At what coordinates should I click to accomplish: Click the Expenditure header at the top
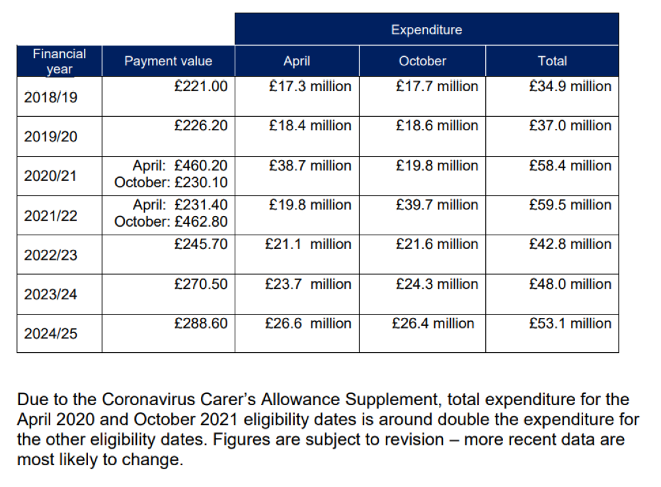pos(426,30)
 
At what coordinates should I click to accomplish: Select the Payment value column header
pos(168,61)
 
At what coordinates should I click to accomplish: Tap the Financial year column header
pos(59,61)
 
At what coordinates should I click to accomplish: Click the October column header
pos(422,61)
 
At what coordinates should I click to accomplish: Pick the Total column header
pos(552,61)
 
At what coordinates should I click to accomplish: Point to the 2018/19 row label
pos(50,98)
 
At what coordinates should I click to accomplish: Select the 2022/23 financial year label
pos(50,255)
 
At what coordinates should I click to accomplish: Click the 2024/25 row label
pos(50,334)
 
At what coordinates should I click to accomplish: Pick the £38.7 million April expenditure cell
pos(310,166)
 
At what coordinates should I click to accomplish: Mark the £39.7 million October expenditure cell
pos(437,206)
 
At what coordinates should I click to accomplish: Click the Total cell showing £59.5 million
pos(570,206)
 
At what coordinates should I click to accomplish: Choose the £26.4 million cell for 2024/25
pos(433,324)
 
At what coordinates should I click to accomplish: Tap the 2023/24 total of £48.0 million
pos(570,284)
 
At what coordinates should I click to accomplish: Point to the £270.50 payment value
pos(201,284)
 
